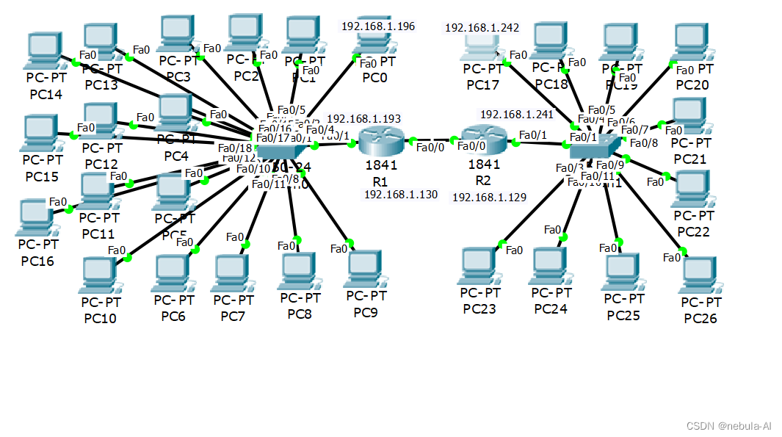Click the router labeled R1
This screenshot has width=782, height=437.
pos(379,140)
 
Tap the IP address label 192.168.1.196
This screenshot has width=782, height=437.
pos(377,26)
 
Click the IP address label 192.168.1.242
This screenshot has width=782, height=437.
pos(482,28)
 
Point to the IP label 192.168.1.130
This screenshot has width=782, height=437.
pos(400,195)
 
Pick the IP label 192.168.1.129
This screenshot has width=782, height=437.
pos(488,198)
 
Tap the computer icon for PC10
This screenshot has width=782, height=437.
pos(100,275)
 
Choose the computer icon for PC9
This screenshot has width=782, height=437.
pos(365,268)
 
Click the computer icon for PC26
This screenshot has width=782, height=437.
pos(700,275)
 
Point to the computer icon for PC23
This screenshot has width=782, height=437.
pos(479,266)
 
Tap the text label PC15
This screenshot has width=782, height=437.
pos(44,176)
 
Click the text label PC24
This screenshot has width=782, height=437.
pos(550,309)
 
